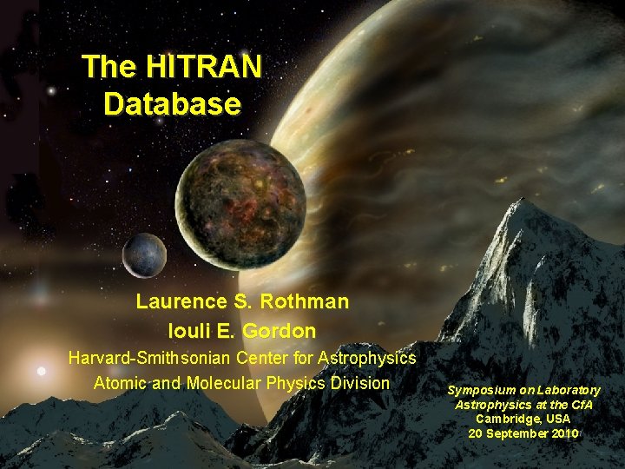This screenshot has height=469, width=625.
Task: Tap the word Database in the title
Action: pyautogui.click(x=171, y=104)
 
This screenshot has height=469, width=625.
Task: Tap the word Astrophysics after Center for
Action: pyautogui.click(x=367, y=358)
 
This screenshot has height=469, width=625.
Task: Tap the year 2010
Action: pyautogui.click(x=563, y=433)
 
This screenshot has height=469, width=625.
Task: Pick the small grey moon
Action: pyautogui.click(x=144, y=254)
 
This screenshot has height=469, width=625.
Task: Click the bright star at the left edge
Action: pyautogui.click(x=41, y=371)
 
